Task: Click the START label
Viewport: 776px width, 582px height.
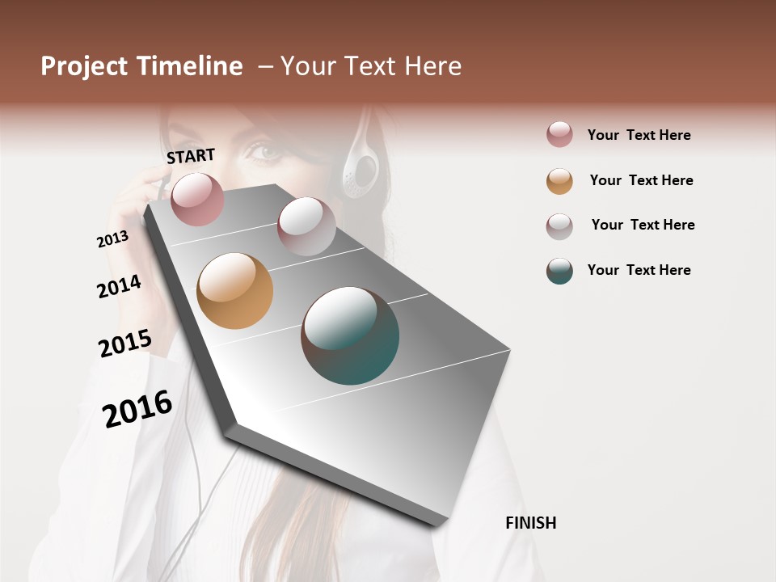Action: coord(191,155)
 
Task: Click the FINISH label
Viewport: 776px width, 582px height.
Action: coord(530,523)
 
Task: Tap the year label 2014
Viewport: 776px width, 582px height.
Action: coord(119,286)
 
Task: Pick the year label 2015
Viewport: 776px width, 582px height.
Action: coord(124,344)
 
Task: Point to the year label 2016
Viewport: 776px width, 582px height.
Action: coord(137,409)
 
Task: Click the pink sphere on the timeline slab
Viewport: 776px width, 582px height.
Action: coord(197,199)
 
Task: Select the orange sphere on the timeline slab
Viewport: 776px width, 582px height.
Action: coord(234,291)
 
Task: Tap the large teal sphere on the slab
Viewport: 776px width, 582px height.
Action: coord(350,335)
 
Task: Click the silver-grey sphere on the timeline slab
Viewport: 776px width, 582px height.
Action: coord(306,226)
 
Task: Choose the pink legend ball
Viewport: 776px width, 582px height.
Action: coord(559,134)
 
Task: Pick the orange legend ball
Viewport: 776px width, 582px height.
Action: coord(559,180)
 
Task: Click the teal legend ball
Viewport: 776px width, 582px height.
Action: coord(559,270)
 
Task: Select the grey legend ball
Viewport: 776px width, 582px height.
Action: coord(559,226)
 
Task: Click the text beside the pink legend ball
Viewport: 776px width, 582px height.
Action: coord(639,135)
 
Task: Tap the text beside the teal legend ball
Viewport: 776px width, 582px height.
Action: coord(639,270)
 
